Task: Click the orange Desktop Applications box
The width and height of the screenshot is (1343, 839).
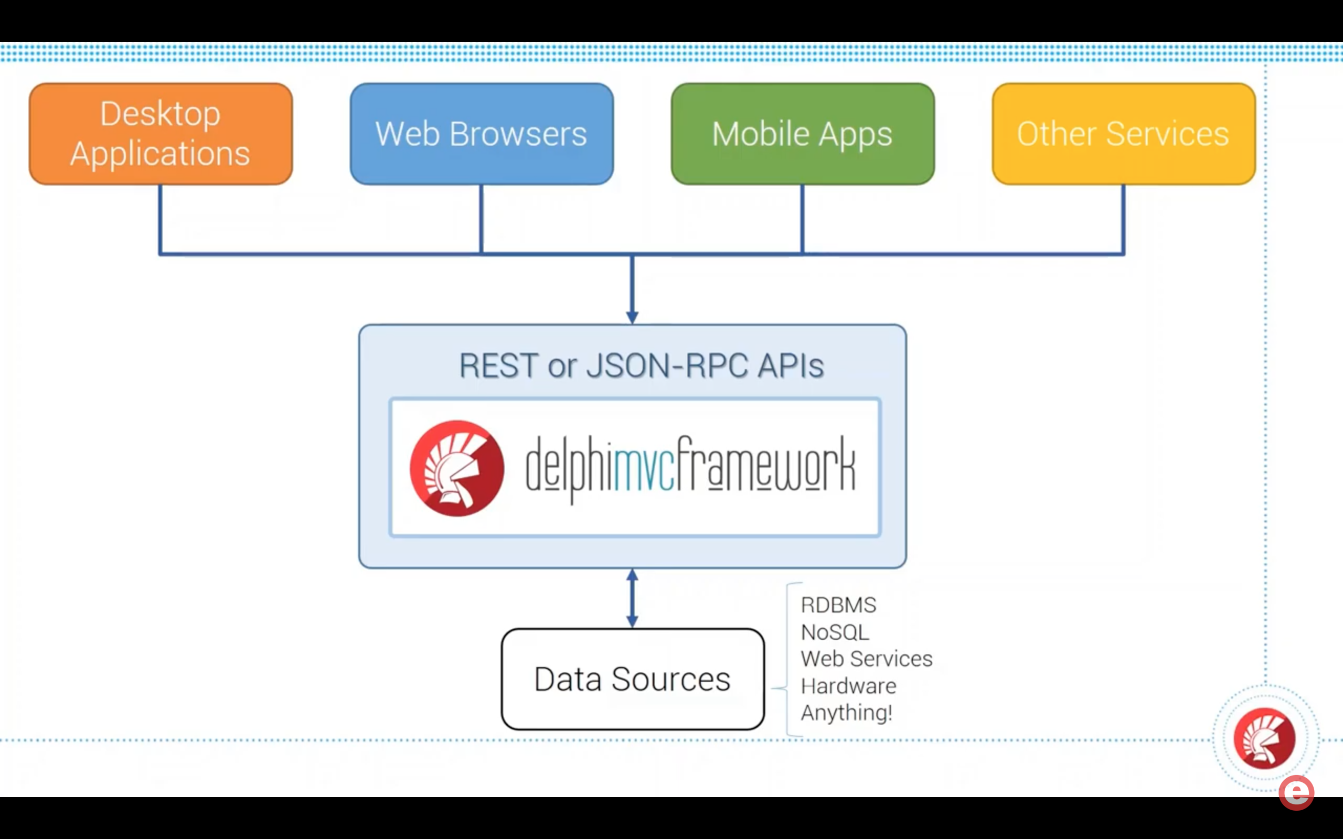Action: point(161,134)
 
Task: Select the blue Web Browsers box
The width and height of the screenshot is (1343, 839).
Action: point(482,134)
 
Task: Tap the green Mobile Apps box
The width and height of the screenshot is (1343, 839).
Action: point(803,134)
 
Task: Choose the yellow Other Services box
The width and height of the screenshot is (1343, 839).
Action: point(1123,134)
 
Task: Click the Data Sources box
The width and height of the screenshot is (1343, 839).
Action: point(633,679)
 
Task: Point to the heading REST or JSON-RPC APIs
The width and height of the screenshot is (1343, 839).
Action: point(642,366)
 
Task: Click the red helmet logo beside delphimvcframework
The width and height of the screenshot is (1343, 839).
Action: point(457,468)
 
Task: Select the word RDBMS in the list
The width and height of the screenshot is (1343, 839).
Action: point(838,605)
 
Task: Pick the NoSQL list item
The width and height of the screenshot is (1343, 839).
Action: point(835,632)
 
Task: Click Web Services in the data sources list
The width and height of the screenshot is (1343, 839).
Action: point(866,659)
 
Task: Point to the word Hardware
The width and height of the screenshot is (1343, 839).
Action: point(848,686)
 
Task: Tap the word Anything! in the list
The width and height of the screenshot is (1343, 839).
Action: point(846,713)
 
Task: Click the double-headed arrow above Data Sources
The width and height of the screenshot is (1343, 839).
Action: point(632,598)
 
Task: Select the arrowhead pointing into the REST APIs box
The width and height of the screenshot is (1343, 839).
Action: point(632,317)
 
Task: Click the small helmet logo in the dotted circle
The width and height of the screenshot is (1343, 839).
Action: point(1264,738)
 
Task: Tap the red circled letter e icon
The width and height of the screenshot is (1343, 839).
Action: point(1296,792)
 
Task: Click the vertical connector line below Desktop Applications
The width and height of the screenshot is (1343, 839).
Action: point(161,219)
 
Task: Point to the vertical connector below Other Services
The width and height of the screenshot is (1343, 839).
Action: point(1123,219)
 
